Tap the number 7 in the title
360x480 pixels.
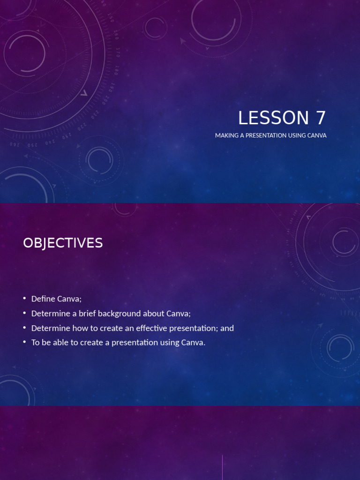[321, 118]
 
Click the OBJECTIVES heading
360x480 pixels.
[63, 243]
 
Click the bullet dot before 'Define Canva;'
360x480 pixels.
[24, 299]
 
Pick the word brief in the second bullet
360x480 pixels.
[94, 313]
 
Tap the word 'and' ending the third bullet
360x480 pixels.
[227, 328]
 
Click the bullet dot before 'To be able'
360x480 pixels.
[24, 342]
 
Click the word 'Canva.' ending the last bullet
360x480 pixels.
[194, 342]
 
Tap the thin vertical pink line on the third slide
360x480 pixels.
[222, 467]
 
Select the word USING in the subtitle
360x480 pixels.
[297, 135]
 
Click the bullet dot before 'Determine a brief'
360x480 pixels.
[24, 313]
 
